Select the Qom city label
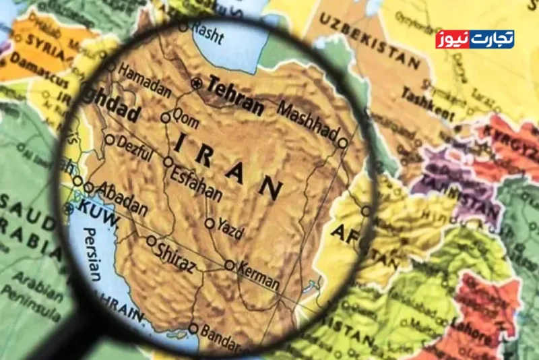click(185, 115)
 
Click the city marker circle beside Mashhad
click(343, 143)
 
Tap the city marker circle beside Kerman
click(230, 265)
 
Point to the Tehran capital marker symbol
click(196, 83)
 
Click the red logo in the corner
click(474, 39)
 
